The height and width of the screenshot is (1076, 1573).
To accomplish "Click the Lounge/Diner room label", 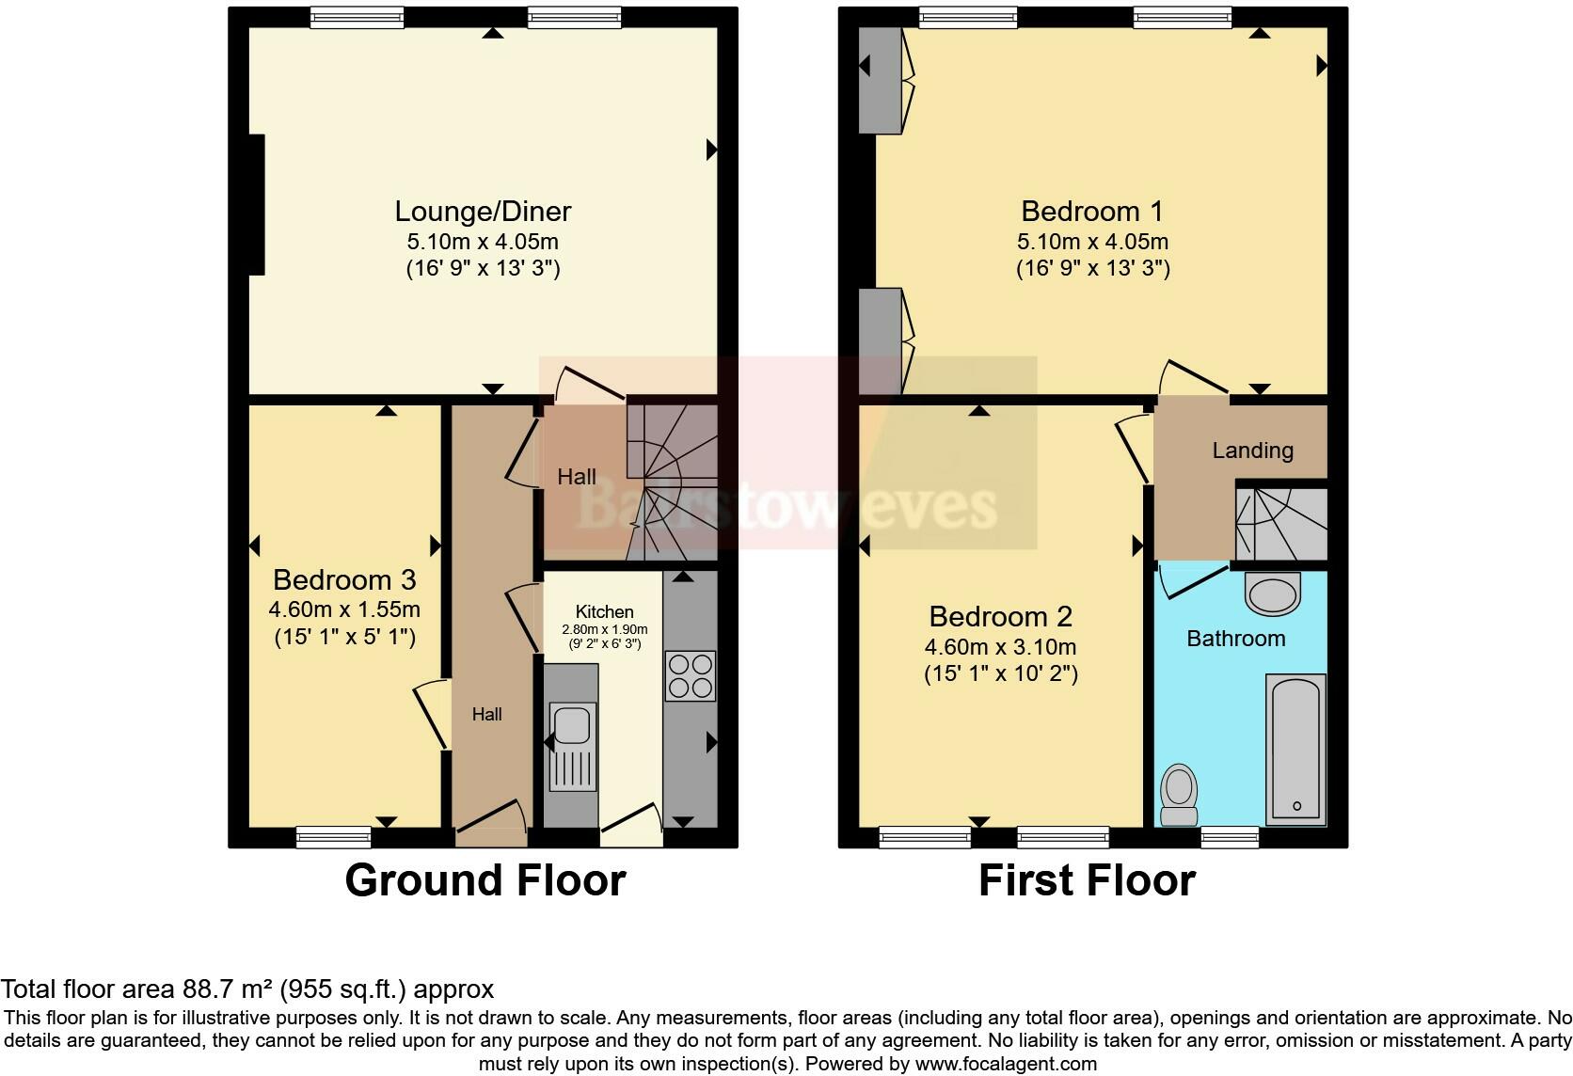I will tap(483, 212).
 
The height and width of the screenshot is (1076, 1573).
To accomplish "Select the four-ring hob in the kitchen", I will tap(691, 676).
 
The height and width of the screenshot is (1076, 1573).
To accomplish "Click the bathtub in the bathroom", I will tap(1296, 748).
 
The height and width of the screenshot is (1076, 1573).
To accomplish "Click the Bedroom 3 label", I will tap(344, 579).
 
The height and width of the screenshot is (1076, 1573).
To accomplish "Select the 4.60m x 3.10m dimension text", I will tap(1000, 647).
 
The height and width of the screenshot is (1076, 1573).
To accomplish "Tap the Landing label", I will tap(1252, 451).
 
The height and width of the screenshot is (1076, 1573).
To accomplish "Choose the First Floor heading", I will tap(1087, 880).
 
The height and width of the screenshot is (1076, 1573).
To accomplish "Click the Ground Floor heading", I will tap(485, 880).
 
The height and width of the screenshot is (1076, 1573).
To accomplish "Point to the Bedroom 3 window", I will tap(333, 836).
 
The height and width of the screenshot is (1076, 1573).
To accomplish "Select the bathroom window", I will tap(1231, 836).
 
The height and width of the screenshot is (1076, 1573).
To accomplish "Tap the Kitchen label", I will tap(604, 611).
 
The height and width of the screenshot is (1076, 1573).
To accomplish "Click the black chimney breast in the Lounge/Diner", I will tap(256, 205).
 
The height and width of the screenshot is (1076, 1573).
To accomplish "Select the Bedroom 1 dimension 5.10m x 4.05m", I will tap(1092, 242).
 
